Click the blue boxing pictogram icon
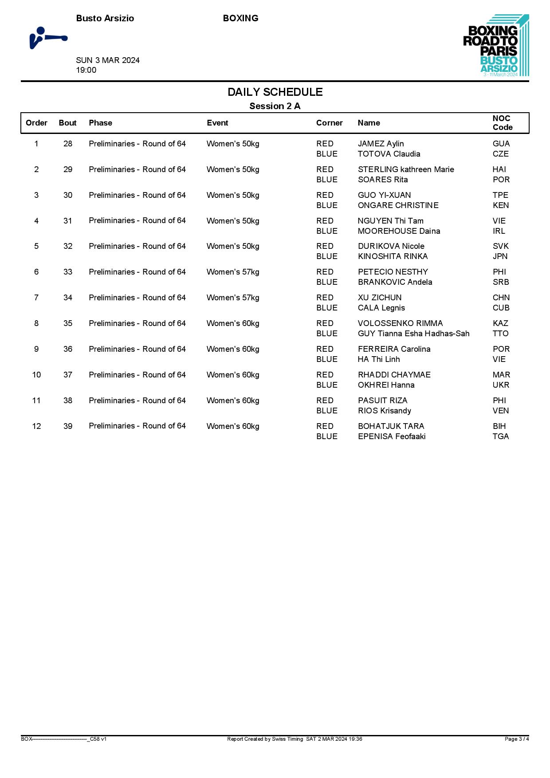point(48,38)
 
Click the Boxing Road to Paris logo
point(495,46)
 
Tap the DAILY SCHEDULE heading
point(275,92)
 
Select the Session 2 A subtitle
point(275,106)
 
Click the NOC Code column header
point(502,123)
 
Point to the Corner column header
point(329,123)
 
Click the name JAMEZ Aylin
point(381,144)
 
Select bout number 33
point(68,272)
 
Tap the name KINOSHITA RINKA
point(393,256)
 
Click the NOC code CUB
point(501,308)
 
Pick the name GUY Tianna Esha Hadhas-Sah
point(413,334)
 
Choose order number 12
point(36,426)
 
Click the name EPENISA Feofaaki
point(392,436)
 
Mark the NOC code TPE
point(500,195)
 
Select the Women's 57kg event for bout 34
point(233,298)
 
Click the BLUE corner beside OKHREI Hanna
point(327,385)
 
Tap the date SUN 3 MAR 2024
point(108,60)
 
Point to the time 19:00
point(86,70)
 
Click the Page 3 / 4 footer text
point(517,739)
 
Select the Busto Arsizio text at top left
point(105,18)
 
